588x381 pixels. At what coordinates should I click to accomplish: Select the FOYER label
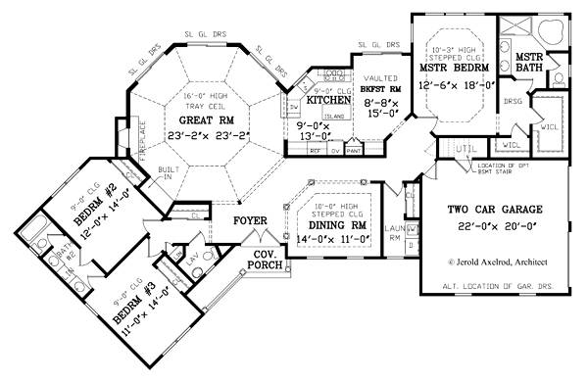(x=250, y=220)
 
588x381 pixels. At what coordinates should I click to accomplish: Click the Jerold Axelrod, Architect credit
(x=498, y=263)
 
